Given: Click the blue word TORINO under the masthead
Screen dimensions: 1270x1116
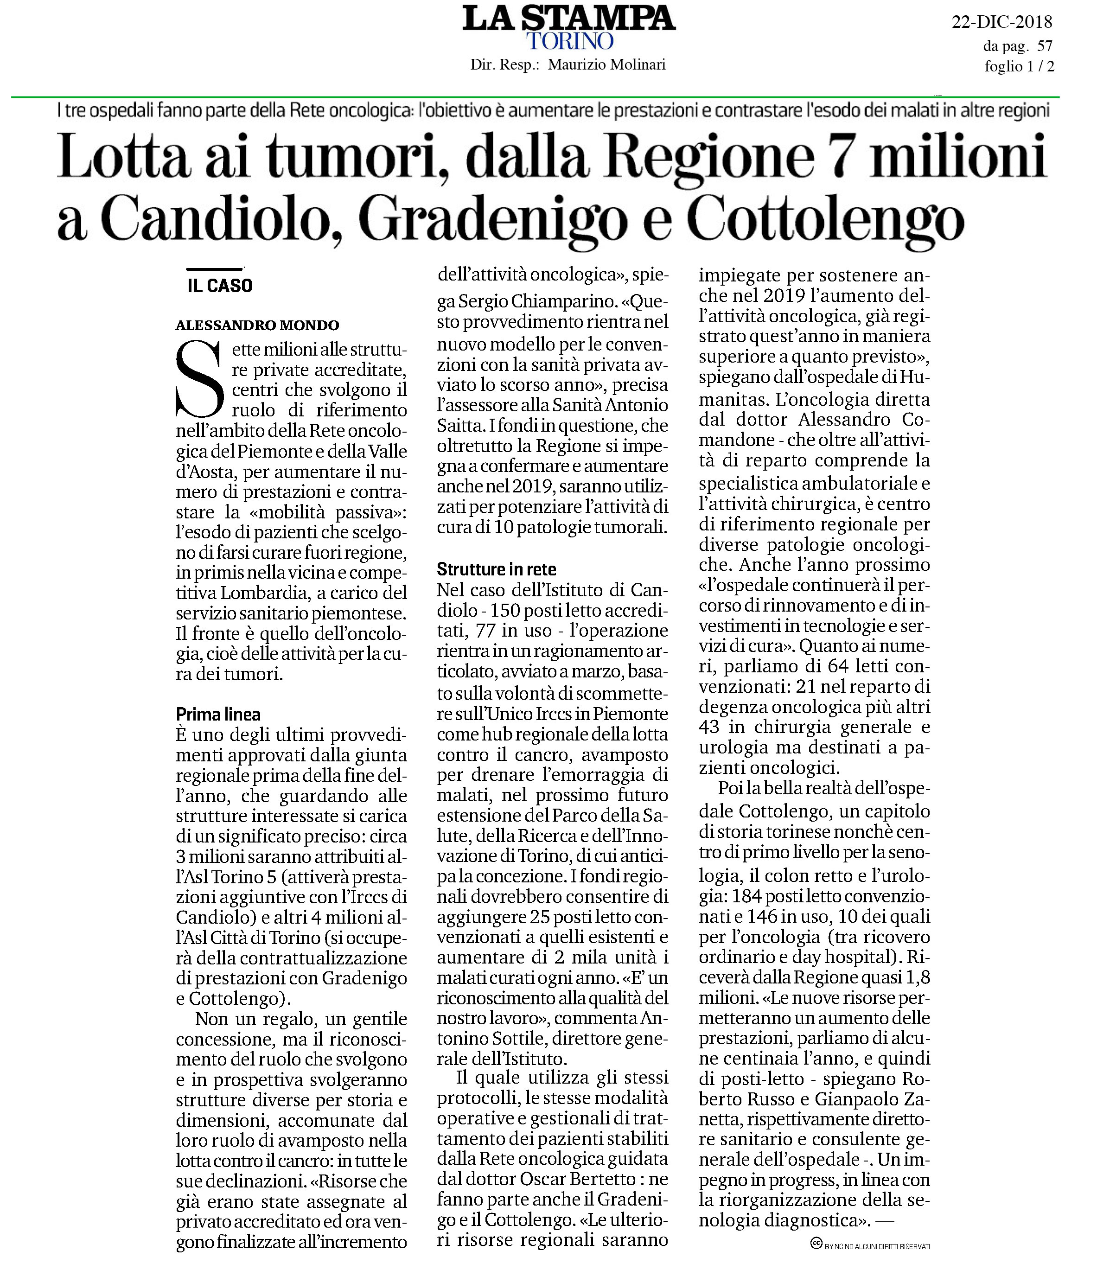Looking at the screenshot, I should pos(569,42).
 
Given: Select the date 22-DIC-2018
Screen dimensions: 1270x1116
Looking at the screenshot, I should pos(1001,22).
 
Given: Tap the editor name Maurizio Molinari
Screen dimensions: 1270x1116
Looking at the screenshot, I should pos(606,64).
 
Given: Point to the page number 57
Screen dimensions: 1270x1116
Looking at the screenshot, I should pos(1045,45).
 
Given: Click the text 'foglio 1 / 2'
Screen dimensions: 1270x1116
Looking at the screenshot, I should pos(1019,66).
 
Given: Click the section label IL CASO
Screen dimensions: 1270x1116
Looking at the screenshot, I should pos(220,286).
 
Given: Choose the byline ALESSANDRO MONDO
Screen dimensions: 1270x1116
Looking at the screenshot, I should pos(257,325).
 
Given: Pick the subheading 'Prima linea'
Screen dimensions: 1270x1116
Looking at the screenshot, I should pos(218,714).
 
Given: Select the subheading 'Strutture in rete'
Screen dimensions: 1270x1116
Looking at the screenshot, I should pos(496,569).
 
